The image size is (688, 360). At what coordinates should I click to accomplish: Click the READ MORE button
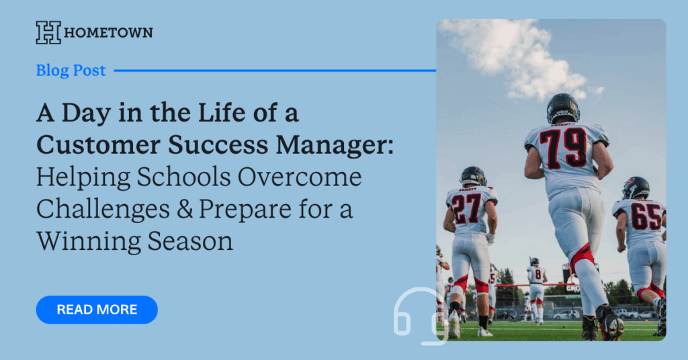[97, 310]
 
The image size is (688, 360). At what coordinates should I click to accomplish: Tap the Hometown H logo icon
[48, 32]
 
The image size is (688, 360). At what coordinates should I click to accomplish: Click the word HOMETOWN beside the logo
[108, 33]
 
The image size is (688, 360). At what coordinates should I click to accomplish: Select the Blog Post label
[71, 70]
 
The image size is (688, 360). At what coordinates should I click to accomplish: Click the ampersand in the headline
[185, 209]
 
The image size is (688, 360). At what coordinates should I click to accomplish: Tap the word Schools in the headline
[184, 177]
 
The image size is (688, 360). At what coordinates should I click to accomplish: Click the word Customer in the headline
[98, 145]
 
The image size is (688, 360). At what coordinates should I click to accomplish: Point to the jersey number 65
[646, 216]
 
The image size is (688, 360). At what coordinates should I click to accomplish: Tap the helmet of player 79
[563, 108]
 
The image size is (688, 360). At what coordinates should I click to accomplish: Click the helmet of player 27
[473, 177]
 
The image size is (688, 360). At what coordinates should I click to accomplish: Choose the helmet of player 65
[636, 187]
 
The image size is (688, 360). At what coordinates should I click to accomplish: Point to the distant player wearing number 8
[536, 287]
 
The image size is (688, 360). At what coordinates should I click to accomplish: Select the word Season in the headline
[190, 242]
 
